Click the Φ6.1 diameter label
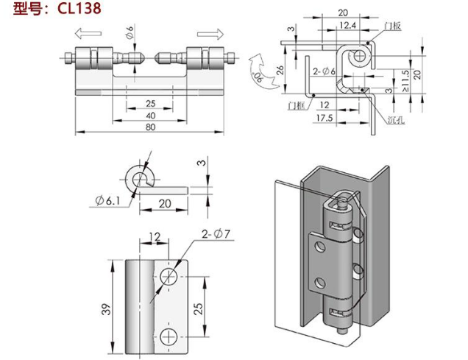pyautogui.click(x=108, y=200)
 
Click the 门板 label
pyautogui.click(x=391, y=27)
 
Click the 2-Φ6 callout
pyautogui.click(x=323, y=71)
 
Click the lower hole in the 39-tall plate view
pyautogui.click(x=169, y=336)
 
